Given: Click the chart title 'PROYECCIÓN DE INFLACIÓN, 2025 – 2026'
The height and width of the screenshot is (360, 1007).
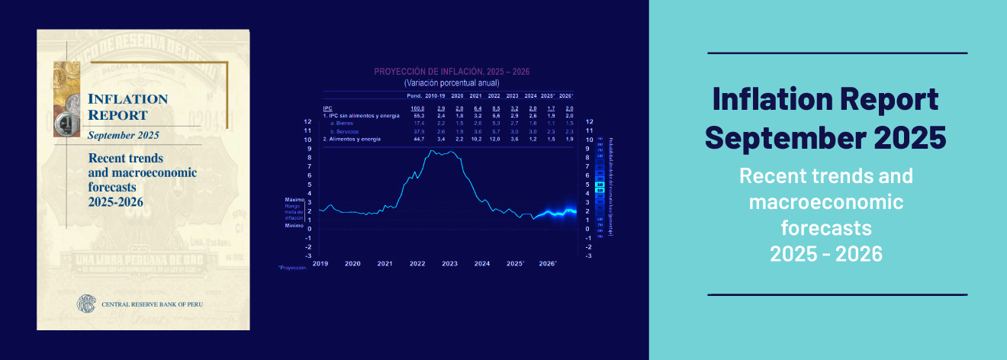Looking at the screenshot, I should pos(451,72).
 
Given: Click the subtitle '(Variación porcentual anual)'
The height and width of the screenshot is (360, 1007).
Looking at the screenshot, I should pos(451,82).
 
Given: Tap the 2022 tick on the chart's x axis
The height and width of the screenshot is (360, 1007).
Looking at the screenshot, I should pos(417,263).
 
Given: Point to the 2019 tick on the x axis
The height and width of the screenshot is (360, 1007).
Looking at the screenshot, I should pos(320,263).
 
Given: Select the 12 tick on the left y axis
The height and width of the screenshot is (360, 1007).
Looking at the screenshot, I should pos(307,122).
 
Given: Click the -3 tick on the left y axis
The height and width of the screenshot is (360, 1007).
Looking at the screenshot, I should pos(307,256).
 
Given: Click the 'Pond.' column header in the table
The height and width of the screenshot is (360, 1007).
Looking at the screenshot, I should pos(414,96).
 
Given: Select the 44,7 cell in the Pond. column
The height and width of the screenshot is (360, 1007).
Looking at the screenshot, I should pos(418,140).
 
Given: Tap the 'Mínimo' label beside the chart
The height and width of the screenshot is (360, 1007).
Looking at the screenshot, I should pos(294,227).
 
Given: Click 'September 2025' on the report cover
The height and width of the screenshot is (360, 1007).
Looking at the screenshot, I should pos(123,136).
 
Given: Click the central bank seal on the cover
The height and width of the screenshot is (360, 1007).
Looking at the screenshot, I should pos(85,304).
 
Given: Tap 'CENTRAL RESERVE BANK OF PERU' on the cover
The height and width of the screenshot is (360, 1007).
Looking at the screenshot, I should pos(153,304).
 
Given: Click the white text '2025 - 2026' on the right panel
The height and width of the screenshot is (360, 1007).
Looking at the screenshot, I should pos(826,255).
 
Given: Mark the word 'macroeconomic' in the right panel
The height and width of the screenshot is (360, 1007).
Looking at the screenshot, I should pos(826,202).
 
